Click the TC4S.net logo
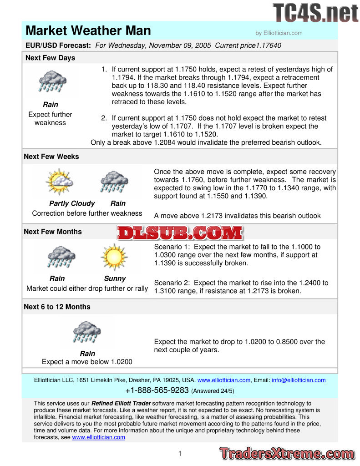[315, 13]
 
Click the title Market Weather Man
[88, 31]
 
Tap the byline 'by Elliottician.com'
[279, 33]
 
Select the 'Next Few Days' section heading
[50, 58]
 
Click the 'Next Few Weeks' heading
[51, 157]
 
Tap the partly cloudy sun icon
[59, 182]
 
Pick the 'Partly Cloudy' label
[72, 203]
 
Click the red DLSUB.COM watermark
[180, 233]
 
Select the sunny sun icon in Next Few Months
[114, 257]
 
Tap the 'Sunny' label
[115, 279]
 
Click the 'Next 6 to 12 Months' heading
[57, 307]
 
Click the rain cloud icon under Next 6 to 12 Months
[87, 332]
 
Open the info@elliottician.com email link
[299, 380]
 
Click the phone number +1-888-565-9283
[157, 390]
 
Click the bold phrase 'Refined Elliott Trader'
[121, 403]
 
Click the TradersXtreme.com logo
[286, 454]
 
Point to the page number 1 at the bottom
[180, 453]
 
